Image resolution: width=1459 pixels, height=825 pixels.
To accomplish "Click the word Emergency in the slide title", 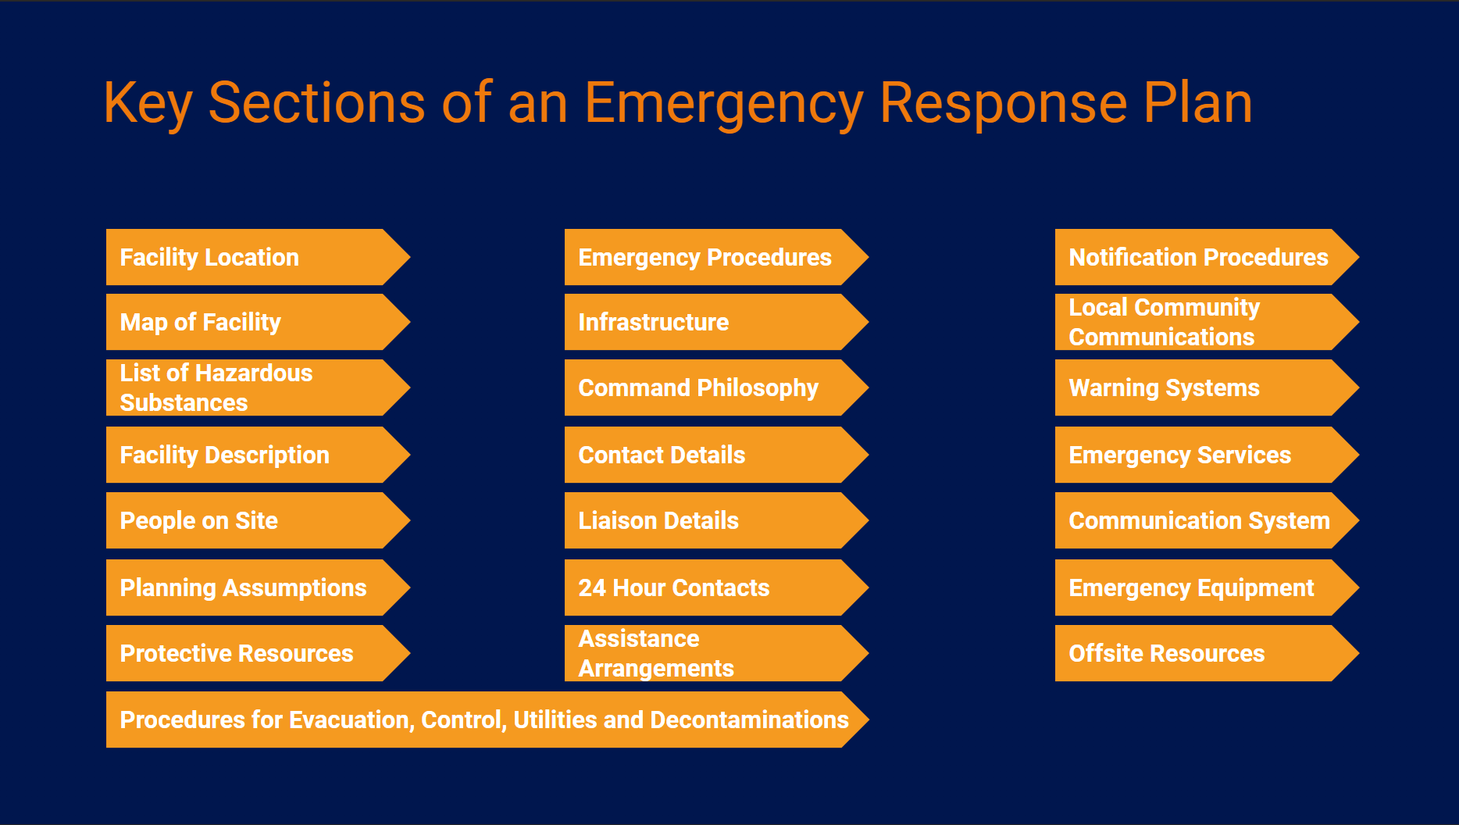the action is [x=724, y=104].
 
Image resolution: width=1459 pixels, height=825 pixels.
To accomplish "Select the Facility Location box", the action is [x=258, y=257].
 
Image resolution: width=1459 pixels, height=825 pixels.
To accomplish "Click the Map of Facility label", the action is [x=201, y=323].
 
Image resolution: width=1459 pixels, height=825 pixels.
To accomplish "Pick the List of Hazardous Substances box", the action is [x=258, y=387].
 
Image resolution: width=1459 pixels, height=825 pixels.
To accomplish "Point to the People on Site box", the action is [x=258, y=520].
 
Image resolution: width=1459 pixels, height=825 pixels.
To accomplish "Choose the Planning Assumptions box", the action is [x=258, y=587].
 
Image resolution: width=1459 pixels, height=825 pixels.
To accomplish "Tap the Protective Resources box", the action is [x=258, y=653].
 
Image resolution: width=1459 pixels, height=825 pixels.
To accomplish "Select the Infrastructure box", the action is [x=716, y=322].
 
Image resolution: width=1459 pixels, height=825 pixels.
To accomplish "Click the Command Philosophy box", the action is [x=716, y=387].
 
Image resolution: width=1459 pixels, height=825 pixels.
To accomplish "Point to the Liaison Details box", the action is [x=716, y=520].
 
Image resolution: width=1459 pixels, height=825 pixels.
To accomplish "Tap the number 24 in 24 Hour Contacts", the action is [x=592, y=587].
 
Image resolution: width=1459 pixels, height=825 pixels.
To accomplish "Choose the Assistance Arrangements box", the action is [x=716, y=653].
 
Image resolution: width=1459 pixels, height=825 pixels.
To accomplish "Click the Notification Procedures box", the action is [x=1207, y=257].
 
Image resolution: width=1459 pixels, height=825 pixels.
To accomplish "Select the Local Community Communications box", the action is [x=1207, y=322].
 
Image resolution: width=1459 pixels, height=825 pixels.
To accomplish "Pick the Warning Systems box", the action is [x=1207, y=387].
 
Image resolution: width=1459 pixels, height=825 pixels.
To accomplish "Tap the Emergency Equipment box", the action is [x=1207, y=587].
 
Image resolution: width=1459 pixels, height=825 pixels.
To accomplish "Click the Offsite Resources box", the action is [x=1207, y=653].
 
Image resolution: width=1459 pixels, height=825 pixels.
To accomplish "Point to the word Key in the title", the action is [x=148, y=104].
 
